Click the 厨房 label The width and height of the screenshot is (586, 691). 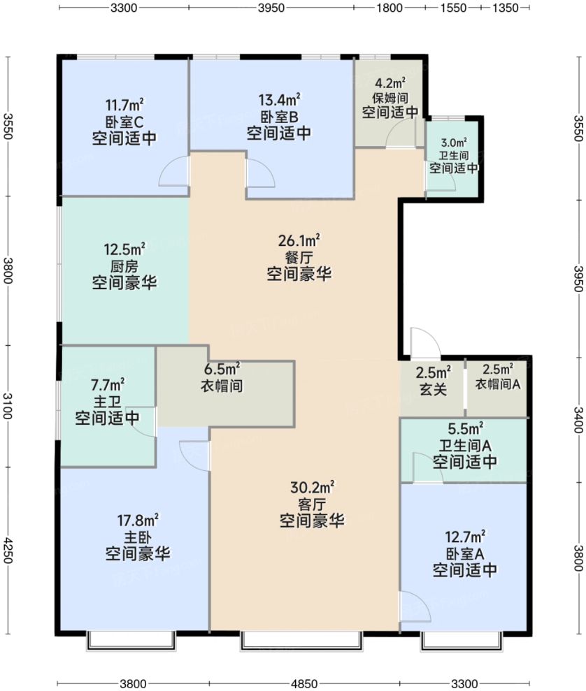pyautogui.click(x=124, y=266)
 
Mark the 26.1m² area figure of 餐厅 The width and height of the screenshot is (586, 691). pyautogui.click(x=299, y=241)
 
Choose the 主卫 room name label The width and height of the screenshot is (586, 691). pyautogui.click(x=107, y=401)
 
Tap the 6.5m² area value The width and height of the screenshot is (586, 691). pyautogui.click(x=223, y=368)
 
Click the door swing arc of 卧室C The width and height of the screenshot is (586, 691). pyautogui.click(x=173, y=173)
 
